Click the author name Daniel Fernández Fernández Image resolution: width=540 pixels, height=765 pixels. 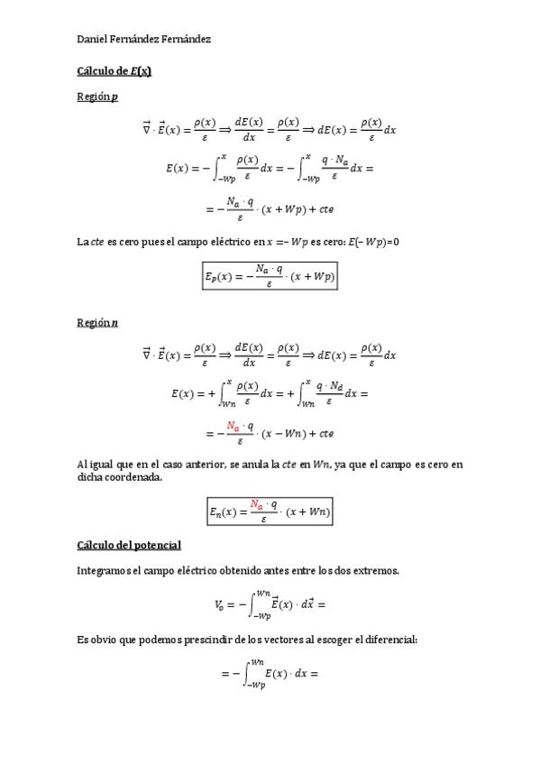pos(144,41)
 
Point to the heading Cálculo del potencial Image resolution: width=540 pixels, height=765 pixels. pos(129,545)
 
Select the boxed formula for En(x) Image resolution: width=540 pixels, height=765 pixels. pos(270,512)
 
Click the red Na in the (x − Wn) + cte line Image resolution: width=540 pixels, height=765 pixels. pos(233,426)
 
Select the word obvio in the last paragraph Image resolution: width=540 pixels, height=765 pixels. pos(101,639)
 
